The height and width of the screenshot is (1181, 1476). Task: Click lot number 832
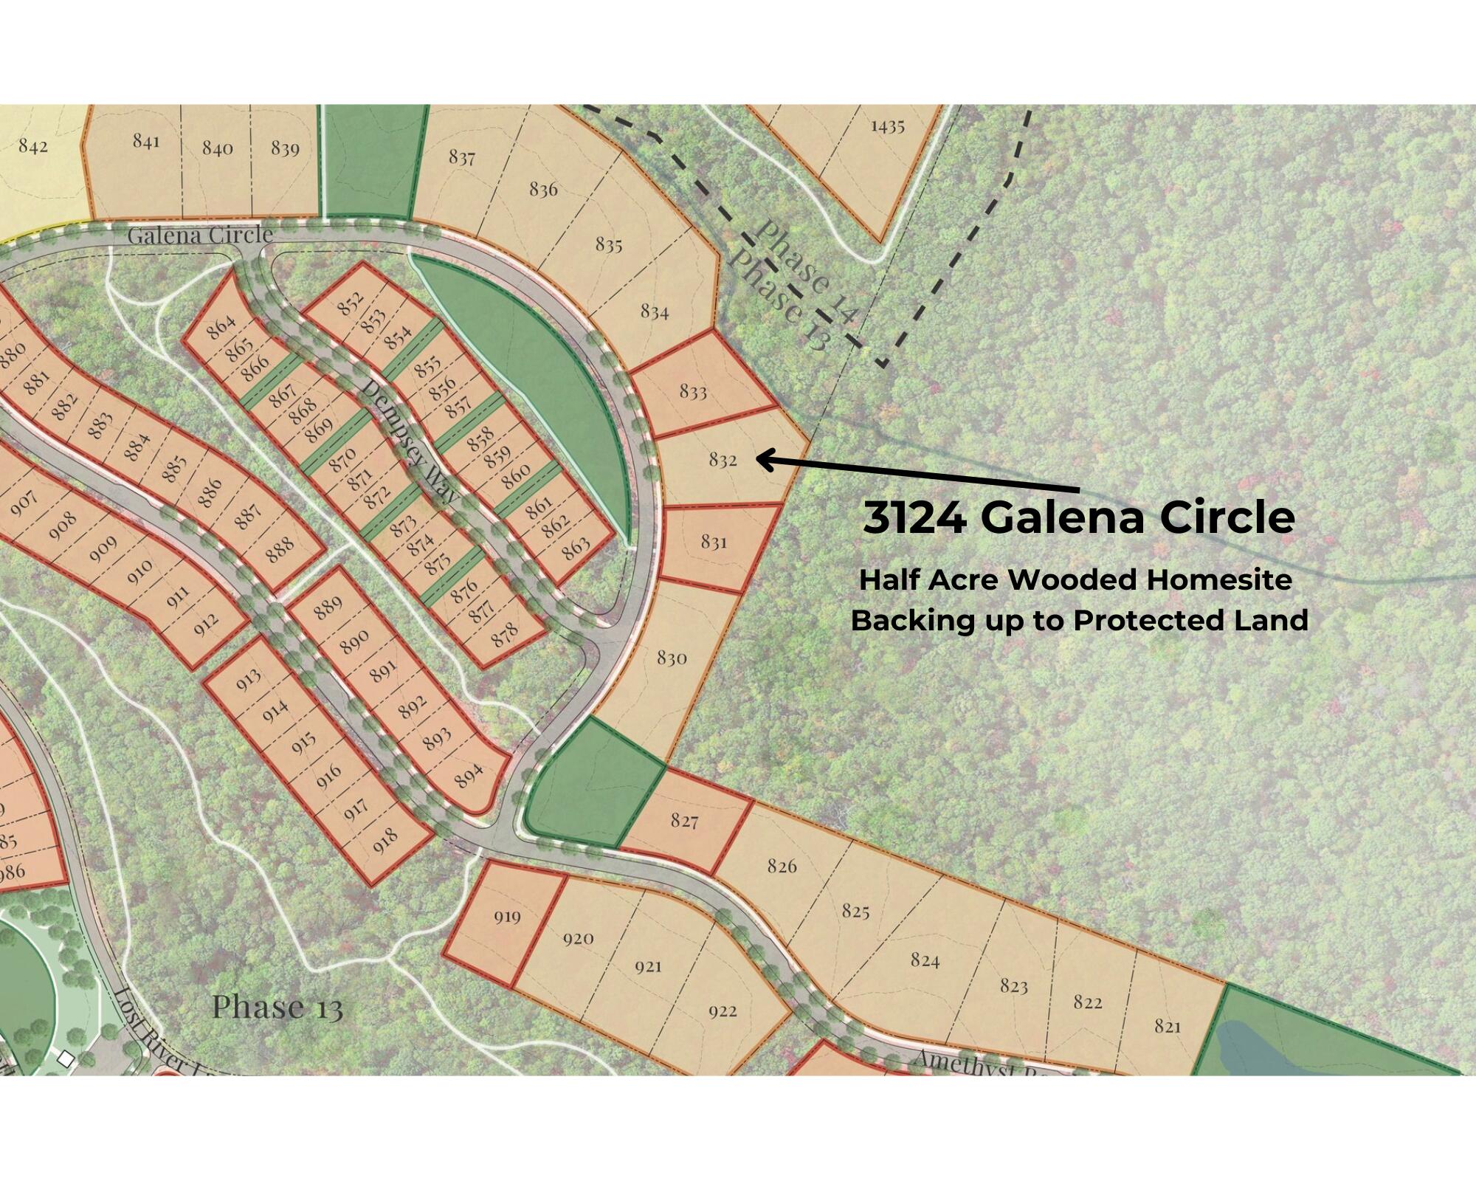click(x=723, y=460)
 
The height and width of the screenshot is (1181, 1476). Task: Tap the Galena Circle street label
click(x=200, y=235)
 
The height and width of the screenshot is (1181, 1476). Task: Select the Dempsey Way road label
click(x=408, y=441)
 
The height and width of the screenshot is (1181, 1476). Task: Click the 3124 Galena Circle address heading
click(x=1078, y=518)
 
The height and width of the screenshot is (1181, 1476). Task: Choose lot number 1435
click(x=887, y=126)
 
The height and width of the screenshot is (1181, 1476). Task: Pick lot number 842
click(x=32, y=145)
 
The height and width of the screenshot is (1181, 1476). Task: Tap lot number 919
click(x=507, y=917)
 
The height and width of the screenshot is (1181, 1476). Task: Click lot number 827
click(x=684, y=820)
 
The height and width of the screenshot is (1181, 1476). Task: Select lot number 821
click(x=1168, y=1026)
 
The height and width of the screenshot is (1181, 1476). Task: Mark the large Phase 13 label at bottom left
click(x=277, y=1007)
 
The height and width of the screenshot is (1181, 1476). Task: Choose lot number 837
click(x=462, y=157)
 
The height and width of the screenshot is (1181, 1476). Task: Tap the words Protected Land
click(x=1190, y=621)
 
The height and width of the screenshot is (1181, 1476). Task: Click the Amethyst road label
click(x=959, y=1064)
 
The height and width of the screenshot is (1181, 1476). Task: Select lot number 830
click(x=672, y=657)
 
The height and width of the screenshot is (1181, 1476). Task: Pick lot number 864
click(x=221, y=327)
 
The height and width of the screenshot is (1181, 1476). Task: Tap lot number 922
click(x=723, y=1010)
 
